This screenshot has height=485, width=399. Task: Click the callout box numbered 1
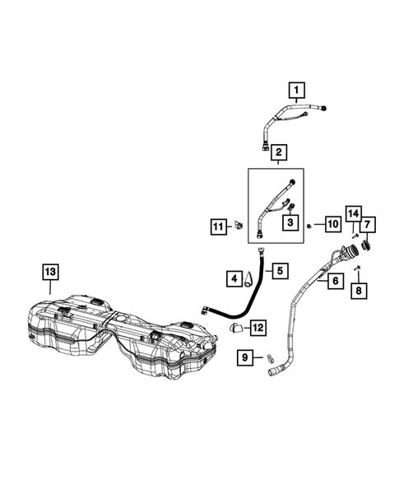coord(296,91)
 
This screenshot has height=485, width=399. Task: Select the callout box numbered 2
coord(279,152)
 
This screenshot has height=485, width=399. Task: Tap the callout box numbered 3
coord(290,222)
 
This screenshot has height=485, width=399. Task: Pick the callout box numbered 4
coord(234,278)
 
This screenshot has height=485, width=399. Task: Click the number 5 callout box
coord(280,271)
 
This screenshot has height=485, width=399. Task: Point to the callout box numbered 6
coord(336,281)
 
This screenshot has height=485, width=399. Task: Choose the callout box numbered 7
coord(367,225)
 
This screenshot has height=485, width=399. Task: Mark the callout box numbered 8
coord(359,291)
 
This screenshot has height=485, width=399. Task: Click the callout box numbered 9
coord(245,357)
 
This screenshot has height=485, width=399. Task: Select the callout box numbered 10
coord(333,224)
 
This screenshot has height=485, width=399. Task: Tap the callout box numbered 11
coord(219,226)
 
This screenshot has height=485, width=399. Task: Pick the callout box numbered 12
coord(258,327)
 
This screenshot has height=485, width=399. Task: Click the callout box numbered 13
coord(50,272)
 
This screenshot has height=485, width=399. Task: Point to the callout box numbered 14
coord(353,213)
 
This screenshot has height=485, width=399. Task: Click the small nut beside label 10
coord(309,226)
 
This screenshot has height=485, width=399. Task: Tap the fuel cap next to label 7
coord(366,246)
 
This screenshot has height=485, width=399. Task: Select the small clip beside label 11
coord(239,225)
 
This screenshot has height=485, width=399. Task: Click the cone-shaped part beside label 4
coord(248,279)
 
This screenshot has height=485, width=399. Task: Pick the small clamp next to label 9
coord(270,358)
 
